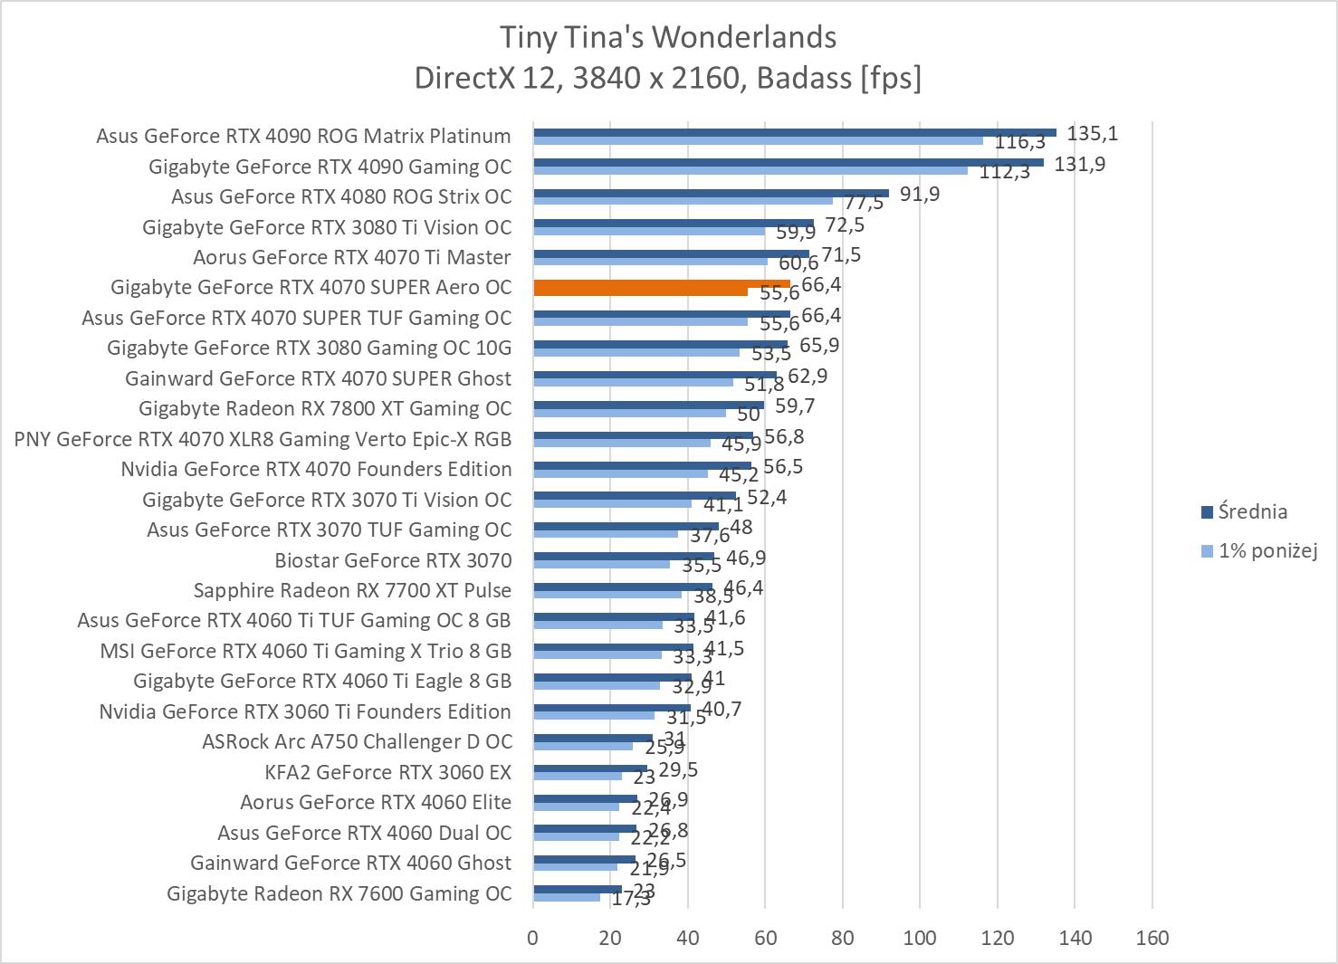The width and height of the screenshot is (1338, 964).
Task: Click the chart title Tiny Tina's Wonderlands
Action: pos(668,37)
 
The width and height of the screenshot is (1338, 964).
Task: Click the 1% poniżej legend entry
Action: pos(1266,550)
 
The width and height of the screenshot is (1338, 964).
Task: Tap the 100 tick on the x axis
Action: pos(920,938)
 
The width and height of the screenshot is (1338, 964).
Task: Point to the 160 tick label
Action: pos(1152,938)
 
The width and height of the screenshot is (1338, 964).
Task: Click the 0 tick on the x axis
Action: pos(533,938)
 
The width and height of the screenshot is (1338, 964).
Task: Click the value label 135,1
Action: pos(1092,134)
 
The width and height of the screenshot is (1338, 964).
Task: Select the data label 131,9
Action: pos(1079,165)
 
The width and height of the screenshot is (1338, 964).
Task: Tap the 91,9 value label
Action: pos(919,195)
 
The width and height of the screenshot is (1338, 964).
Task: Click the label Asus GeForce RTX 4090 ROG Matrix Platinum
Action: pos(303,136)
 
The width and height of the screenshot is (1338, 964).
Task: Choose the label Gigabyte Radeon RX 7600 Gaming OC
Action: pos(339,893)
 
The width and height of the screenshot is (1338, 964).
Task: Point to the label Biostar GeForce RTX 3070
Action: pos(393,560)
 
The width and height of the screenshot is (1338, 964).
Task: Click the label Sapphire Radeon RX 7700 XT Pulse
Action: pos(352,590)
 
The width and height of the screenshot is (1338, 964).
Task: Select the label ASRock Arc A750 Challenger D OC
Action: pos(357,741)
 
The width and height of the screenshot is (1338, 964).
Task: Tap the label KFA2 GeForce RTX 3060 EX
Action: pos(387,772)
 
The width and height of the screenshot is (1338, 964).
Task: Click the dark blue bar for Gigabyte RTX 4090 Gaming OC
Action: pos(788,163)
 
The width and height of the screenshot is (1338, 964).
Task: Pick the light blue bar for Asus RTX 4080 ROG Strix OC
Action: pos(683,200)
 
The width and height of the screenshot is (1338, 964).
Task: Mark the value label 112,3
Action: pos(1004,172)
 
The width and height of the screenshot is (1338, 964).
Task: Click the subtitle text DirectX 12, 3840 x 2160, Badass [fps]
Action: pos(668,78)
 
